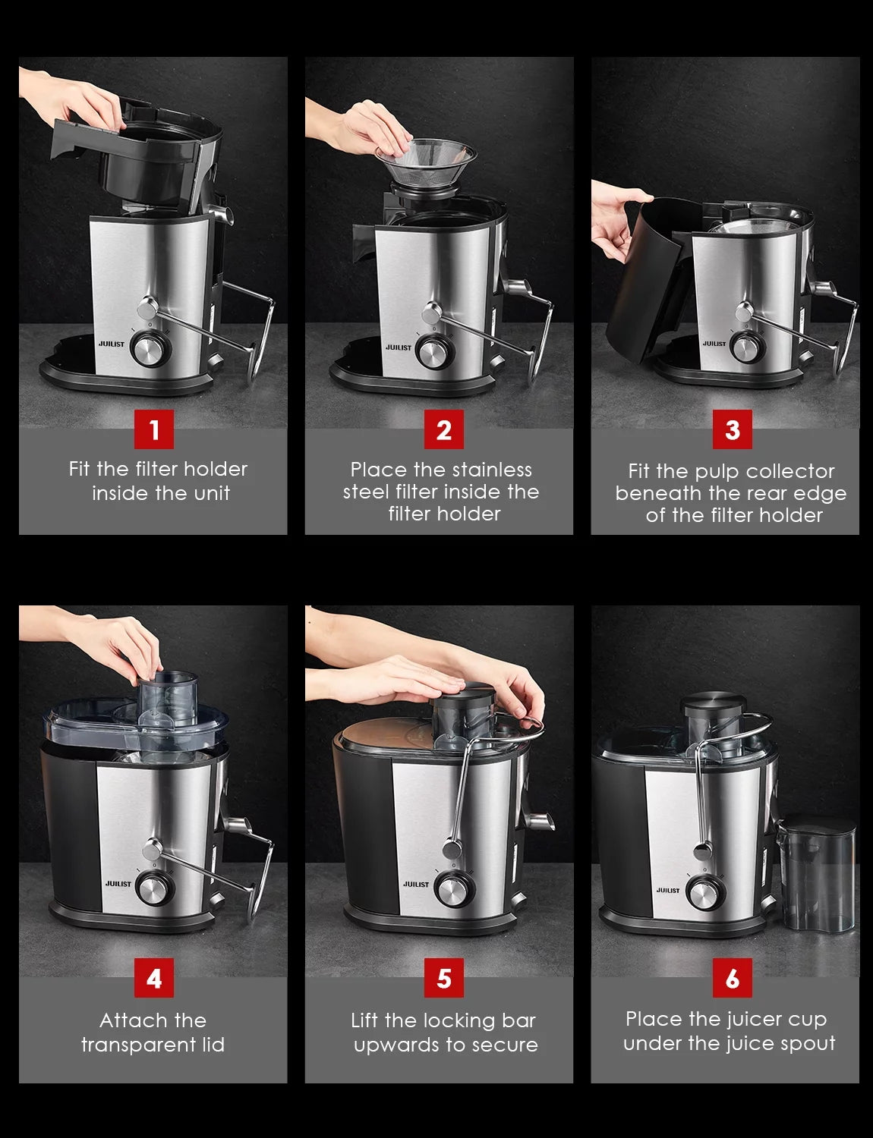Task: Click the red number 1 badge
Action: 154,429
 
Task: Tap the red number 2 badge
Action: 443,429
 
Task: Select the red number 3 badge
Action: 733,429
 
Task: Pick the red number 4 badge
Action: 154,978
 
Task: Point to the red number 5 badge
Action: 443,978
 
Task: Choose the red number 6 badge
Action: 733,978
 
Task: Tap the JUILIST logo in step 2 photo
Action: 399,347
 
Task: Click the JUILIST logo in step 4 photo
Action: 118,884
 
